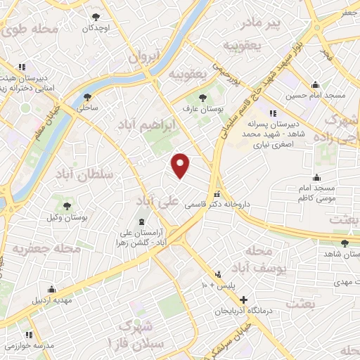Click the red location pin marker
181,165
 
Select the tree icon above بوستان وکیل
67,206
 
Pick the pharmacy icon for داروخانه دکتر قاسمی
217,194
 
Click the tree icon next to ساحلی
87,97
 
